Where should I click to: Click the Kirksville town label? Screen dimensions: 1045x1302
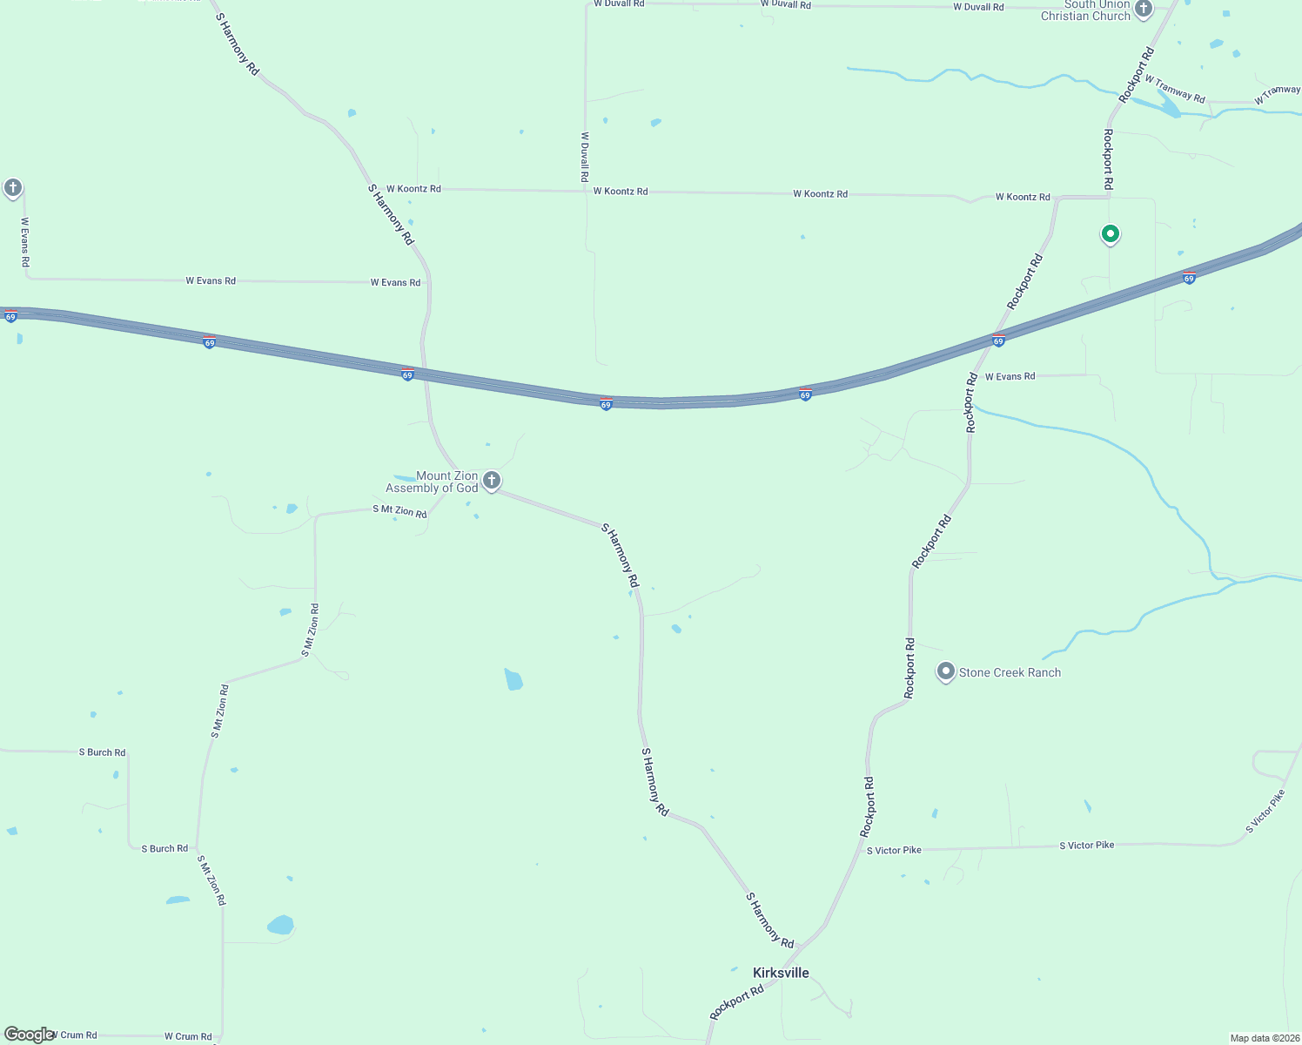pos(781,973)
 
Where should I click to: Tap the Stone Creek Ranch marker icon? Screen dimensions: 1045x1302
pos(945,671)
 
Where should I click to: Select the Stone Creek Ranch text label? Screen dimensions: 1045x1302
pos(1010,672)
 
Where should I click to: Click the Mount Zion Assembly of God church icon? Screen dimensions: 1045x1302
pos(492,480)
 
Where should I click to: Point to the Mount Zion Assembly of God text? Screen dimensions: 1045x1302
pos(433,482)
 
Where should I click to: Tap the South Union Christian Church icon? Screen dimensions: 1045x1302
pos(1144,9)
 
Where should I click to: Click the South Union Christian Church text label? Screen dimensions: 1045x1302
pos(1085,10)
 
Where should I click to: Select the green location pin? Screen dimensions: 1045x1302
pos(1110,233)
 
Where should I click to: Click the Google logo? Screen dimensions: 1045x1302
pos(29,1035)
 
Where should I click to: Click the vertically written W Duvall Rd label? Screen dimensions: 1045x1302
pos(585,157)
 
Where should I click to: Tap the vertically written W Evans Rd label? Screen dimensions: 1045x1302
pos(25,241)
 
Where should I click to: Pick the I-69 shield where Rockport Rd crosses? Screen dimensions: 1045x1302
pos(998,340)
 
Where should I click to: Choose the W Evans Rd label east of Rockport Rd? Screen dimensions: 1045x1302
pos(1010,376)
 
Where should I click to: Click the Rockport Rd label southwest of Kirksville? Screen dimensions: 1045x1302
pos(736,1001)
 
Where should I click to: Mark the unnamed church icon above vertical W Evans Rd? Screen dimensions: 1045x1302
pos(12,187)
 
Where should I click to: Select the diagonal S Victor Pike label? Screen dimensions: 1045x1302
pos(1265,812)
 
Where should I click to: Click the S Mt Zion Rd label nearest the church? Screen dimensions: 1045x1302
pos(399,511)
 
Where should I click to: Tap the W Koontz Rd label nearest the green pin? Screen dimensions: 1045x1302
pos(1023,197)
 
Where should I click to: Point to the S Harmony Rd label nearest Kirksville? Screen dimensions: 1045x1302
pos(769,920)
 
